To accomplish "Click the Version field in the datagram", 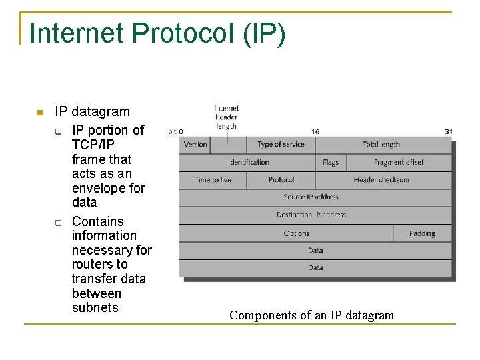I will [195, 144].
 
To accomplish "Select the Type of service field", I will [281, 144].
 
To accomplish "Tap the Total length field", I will [381, 144].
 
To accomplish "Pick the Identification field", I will [248, 162].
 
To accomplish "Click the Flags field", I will [331, 162].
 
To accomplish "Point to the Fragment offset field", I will [399, 162].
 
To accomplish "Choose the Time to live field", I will [213, 180].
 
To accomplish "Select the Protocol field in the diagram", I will [281, 180].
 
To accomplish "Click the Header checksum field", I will [382, 180].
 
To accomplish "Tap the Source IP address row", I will [311, 197].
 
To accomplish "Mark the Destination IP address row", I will [311, 215].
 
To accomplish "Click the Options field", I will [296, 233].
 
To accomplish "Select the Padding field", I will [422, 233].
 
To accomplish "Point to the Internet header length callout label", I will [227, 117].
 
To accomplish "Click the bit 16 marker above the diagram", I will [315, 131].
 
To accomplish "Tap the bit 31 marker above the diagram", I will [449, 131].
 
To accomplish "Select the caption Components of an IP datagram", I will [311, 315].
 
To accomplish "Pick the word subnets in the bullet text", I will [95, 307].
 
